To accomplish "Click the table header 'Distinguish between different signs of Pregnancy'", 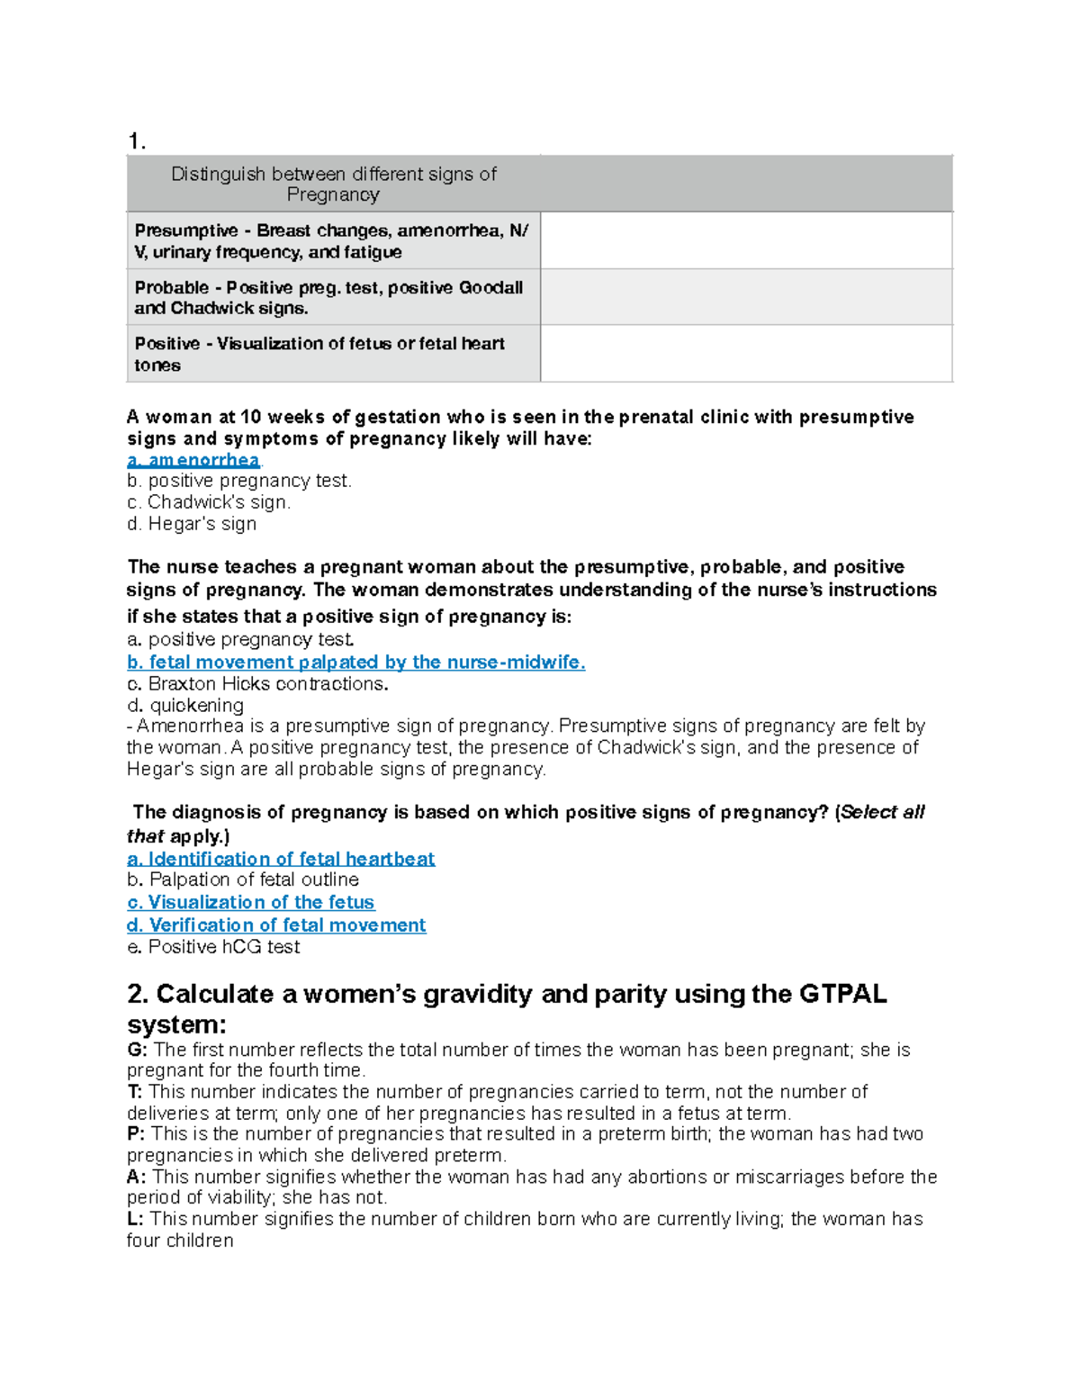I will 333,184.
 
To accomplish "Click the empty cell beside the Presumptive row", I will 746,241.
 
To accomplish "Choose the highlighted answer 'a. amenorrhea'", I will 193,460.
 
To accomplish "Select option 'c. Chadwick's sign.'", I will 209,502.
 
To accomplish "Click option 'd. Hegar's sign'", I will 192,524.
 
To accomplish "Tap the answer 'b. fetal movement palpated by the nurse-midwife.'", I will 355,663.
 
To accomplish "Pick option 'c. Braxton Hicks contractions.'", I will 257,684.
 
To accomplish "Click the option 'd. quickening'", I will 185,706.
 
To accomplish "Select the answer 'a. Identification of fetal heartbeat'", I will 281,859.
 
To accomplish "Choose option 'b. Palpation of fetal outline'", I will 243,879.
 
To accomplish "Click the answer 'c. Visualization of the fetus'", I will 250,902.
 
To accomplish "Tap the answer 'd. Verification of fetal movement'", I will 276,925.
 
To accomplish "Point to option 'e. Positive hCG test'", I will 213,947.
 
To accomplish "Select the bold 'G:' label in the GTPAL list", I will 137,1050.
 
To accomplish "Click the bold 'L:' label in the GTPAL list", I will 136,1219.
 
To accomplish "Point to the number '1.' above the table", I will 137,141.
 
